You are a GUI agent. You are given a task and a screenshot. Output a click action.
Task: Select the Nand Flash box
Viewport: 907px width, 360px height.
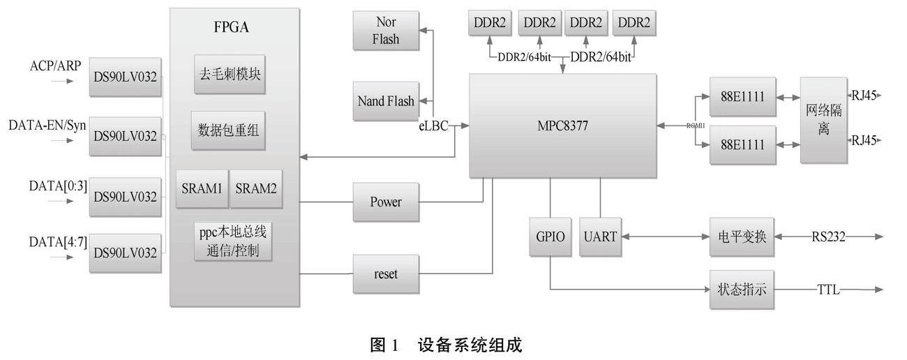pos(386,101)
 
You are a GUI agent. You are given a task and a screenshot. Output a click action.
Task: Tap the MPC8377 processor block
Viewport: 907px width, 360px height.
pos(562,126)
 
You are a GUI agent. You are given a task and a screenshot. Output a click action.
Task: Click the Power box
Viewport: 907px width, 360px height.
pos(386,202)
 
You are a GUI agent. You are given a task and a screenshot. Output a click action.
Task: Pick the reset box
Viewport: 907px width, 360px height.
pos(386,274)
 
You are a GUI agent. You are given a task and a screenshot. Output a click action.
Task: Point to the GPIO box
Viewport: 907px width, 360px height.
pos(550,237)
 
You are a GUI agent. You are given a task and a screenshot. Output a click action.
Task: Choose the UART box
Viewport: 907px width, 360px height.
pos(601,237)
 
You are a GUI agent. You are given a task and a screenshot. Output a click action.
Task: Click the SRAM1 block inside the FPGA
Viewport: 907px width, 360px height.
pos(202,188)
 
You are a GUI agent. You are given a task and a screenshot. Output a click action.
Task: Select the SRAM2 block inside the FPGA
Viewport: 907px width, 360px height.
pos(256,188)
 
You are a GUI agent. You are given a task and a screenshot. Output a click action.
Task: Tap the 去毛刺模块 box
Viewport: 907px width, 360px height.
pos(230,74)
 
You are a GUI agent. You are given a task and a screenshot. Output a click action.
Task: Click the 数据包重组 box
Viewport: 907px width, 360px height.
pos(230,129)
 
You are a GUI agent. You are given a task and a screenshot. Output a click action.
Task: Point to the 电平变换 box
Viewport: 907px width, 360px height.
pos(742,237)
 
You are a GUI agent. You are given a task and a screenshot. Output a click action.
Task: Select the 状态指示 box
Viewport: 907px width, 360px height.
pos(742,289)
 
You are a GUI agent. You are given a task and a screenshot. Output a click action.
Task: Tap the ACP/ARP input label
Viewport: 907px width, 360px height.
pos(55,66)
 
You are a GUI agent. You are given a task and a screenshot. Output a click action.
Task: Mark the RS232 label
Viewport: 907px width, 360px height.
pos(828,237)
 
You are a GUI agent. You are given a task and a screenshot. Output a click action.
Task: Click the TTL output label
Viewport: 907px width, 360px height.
pos(829,290)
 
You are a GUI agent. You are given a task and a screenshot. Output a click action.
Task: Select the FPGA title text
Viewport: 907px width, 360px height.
pos(231,29)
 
